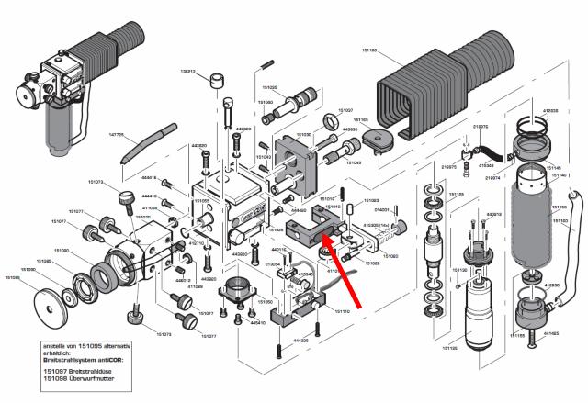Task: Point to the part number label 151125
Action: tap(449, 349)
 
